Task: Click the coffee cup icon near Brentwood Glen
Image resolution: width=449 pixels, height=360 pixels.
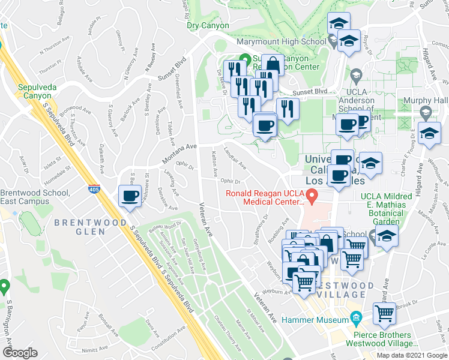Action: tap(130, 196)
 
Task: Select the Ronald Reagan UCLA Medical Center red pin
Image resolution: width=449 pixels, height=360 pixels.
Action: tap(312, 195)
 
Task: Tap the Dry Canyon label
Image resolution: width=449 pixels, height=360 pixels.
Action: tap(208, 26)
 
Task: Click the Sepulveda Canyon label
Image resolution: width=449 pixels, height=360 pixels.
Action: tap(37, 91)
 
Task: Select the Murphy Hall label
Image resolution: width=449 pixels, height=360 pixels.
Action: tap(427, 100)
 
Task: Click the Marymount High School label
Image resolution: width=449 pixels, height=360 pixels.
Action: tap(282, 42)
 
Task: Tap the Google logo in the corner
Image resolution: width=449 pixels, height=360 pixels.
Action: tap(20, 353)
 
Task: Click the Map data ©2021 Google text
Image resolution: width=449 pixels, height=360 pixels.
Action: tap(411, 355)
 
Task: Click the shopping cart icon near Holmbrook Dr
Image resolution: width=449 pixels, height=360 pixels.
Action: tap(384, 312)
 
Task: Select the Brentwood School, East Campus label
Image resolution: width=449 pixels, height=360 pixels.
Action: tap(35, 196)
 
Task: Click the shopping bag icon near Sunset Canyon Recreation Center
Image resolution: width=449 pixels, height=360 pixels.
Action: tap(273, 65)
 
